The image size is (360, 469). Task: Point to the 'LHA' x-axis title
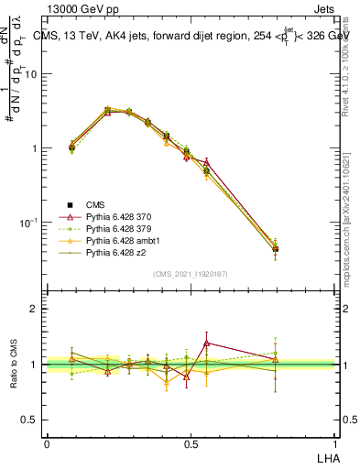point(325,455)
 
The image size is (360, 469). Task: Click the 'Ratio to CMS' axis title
point(14,364)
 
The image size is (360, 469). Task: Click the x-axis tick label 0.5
point(190,442)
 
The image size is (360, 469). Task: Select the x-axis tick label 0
point(47,442)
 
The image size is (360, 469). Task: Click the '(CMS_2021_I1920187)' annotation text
point(191,274)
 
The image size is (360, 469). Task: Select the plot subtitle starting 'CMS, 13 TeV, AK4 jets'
point(193,37)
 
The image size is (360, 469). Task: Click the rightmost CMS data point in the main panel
point(275,249)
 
